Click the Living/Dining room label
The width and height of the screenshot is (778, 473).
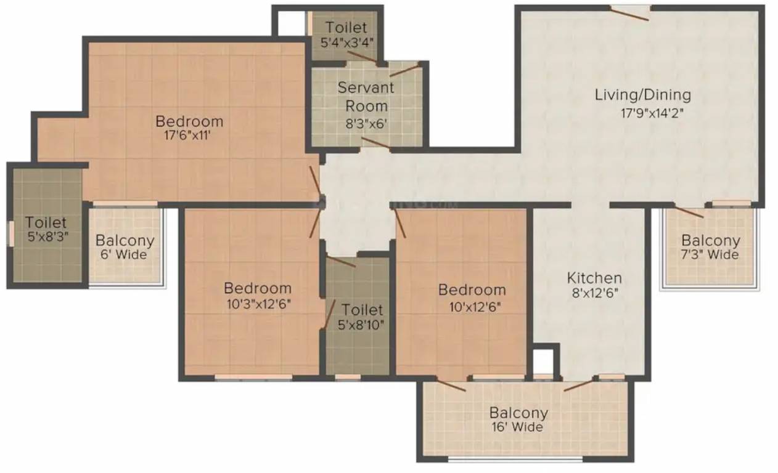coord(642,95)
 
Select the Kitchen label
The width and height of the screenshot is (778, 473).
coord(594,278)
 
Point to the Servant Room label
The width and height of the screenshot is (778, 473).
coord(366,96)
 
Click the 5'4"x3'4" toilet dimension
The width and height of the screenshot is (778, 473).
coord(346,43)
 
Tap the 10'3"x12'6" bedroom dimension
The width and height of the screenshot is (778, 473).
coord(257,304)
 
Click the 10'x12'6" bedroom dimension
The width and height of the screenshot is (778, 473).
coord(472,305)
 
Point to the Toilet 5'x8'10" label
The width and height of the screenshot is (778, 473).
coord(362,317)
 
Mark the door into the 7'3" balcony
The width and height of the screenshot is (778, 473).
coord(689,212)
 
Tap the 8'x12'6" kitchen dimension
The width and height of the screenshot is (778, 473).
coord(594,293)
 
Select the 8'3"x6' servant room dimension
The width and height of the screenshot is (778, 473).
coord(366,123)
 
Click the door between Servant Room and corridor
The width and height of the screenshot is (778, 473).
coord(375,144)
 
